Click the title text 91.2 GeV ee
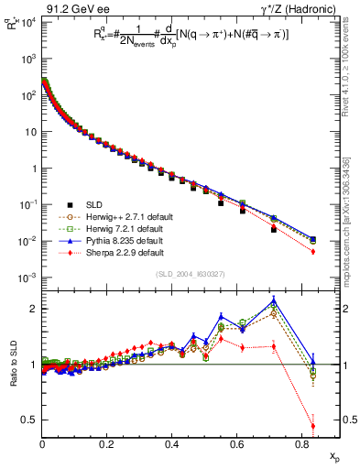click(x=71, y=8)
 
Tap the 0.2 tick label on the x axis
click(x=107, y=444)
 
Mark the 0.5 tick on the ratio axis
click(x=31, y=420)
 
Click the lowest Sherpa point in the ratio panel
click(x=313, y=426)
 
